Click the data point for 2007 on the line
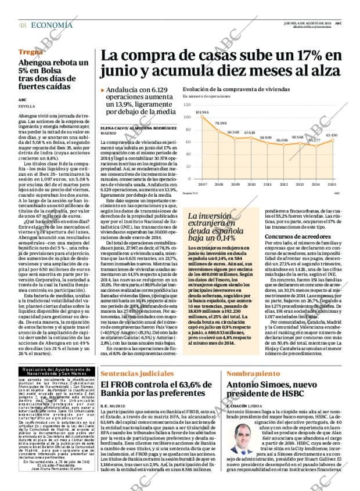click(203, 116)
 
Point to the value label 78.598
click(221, 124)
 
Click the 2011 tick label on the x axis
click(267, 184)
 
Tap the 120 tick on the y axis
click(187, 104)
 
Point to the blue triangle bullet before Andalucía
click(103, 91)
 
